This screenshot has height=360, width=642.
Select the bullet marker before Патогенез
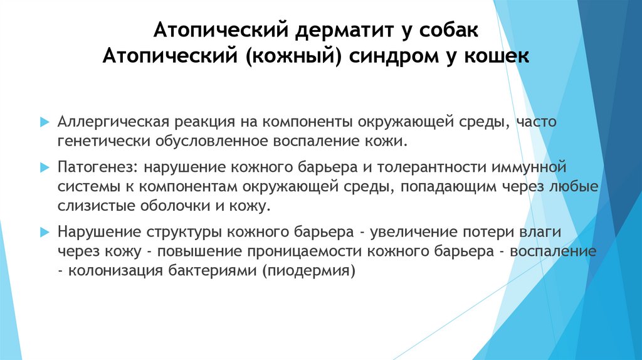(x=44, y=168)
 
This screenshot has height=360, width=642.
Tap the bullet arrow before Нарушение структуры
(x=44, y=232)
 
